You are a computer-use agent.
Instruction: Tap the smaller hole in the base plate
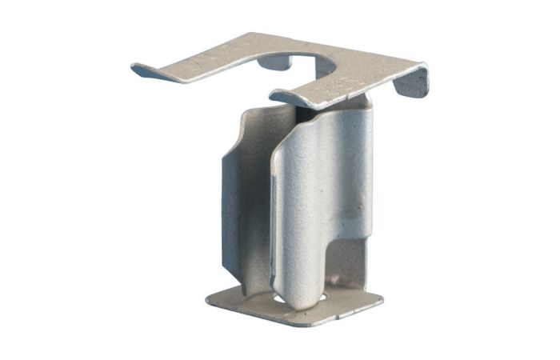coord(278,302)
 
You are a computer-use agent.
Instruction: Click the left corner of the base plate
coord(210,299)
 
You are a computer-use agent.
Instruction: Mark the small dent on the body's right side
coord(347,214)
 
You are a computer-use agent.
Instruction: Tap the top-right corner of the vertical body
coord(364,99)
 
